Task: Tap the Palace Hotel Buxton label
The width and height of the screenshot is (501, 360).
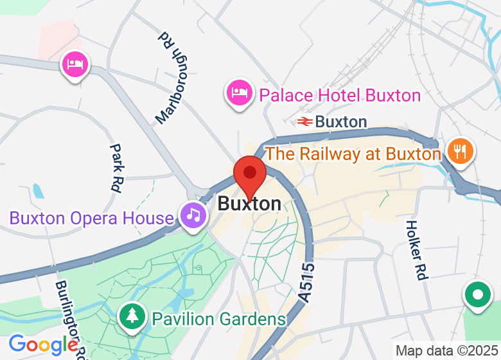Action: point(340,96)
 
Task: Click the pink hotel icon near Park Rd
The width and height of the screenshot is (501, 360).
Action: point(75,64)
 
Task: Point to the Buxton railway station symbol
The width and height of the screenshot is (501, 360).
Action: point(304,122)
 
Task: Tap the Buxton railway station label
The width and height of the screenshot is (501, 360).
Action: point(341,122)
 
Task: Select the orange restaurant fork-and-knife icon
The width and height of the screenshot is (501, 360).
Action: point(461,152)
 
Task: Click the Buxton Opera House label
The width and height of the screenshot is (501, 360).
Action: point(91,217)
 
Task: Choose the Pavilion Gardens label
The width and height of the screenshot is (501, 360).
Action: point(218,319)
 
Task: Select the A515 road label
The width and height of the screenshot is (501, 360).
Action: point(307,282)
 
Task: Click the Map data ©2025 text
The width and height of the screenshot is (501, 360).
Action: point(447,351)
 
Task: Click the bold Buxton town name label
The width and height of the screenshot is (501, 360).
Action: point(249,204)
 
